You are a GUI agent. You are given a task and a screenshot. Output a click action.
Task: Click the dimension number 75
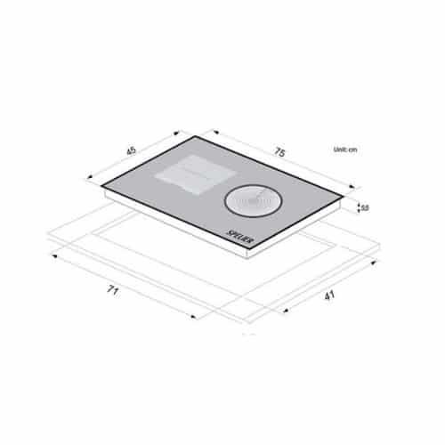click(x=279, y=154)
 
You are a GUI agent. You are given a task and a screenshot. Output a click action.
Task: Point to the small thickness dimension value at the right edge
click(x=364, y=207)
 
